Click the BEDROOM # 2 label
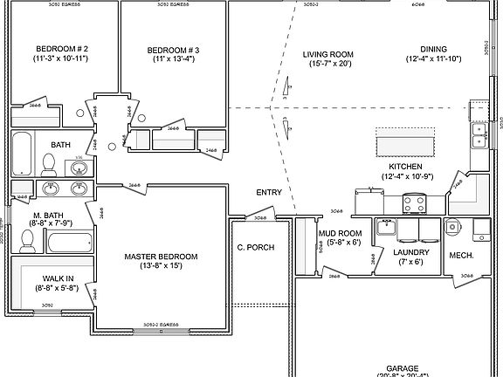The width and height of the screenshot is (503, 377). click(x=62, y=48)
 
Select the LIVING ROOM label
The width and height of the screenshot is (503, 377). click(x=327, y=54)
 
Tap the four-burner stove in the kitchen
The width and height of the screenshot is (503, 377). click(x=413, y=205)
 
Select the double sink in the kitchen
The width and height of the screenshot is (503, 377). click(x=479, y=134)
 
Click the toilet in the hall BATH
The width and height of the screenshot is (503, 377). click(x=49, y=163)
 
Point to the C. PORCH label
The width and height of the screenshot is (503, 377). click(x=255, y=248)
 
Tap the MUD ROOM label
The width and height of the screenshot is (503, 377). click(x=340, y=233)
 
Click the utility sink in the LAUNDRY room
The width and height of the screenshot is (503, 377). click(x=386, y=228)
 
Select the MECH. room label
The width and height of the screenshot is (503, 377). click(x=460, y=256)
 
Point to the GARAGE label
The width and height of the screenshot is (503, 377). click(x=403, y=368)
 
